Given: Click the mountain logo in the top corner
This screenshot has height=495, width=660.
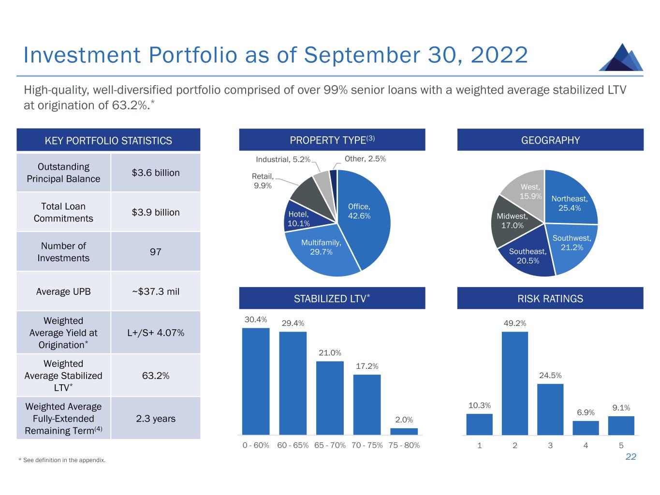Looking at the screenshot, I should pyautogui.click(x=621, y=58).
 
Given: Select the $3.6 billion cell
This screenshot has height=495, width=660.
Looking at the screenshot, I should pyautogui.click(x=155, y=173).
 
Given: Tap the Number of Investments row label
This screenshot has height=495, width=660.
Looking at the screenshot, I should pyautogui.click(x=63, y=252).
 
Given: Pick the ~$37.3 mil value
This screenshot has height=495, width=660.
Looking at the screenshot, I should pyautogui.click(x=155, y=291).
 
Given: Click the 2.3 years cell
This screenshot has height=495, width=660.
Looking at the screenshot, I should pyautogui.click(x=155, y=418).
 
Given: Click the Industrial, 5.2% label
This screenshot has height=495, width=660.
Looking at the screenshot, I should pyautogui.click(x=283, y=159).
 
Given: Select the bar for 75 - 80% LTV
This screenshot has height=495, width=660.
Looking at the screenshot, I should pyautogui.click(x=404, y=431).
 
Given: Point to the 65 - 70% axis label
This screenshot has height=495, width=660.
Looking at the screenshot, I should pyautogui.click(x=330, y=445).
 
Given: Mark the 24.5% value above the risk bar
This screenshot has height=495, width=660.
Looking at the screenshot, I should pyautogui.click(x=550, y=375).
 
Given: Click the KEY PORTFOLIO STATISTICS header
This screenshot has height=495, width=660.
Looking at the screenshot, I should pyautogui.click(x=108, y=140).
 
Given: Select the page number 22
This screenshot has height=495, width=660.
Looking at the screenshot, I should pyautogui.click(x=631, y=457).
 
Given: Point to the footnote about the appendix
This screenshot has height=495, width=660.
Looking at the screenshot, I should pyautogui.click(x=62, y=460).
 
